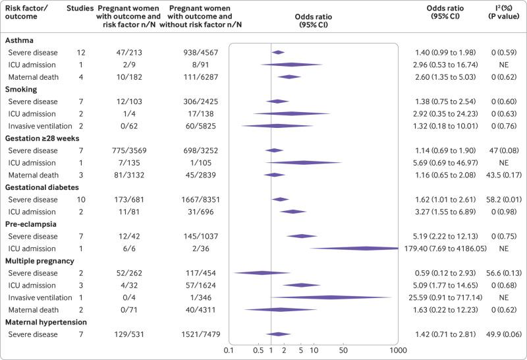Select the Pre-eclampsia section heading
(x=30, y=224)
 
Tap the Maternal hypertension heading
(x=47, y=322)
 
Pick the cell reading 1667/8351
(x=204, y=199)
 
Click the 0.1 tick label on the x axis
(x=229, y=350)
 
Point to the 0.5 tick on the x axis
(x=258, y=350)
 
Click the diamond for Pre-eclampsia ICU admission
(x=366, y=249)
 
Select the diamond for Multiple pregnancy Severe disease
(x=261, y=273)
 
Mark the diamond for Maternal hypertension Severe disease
(x=279, y=334)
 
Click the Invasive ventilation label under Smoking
(x=44, y=126)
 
